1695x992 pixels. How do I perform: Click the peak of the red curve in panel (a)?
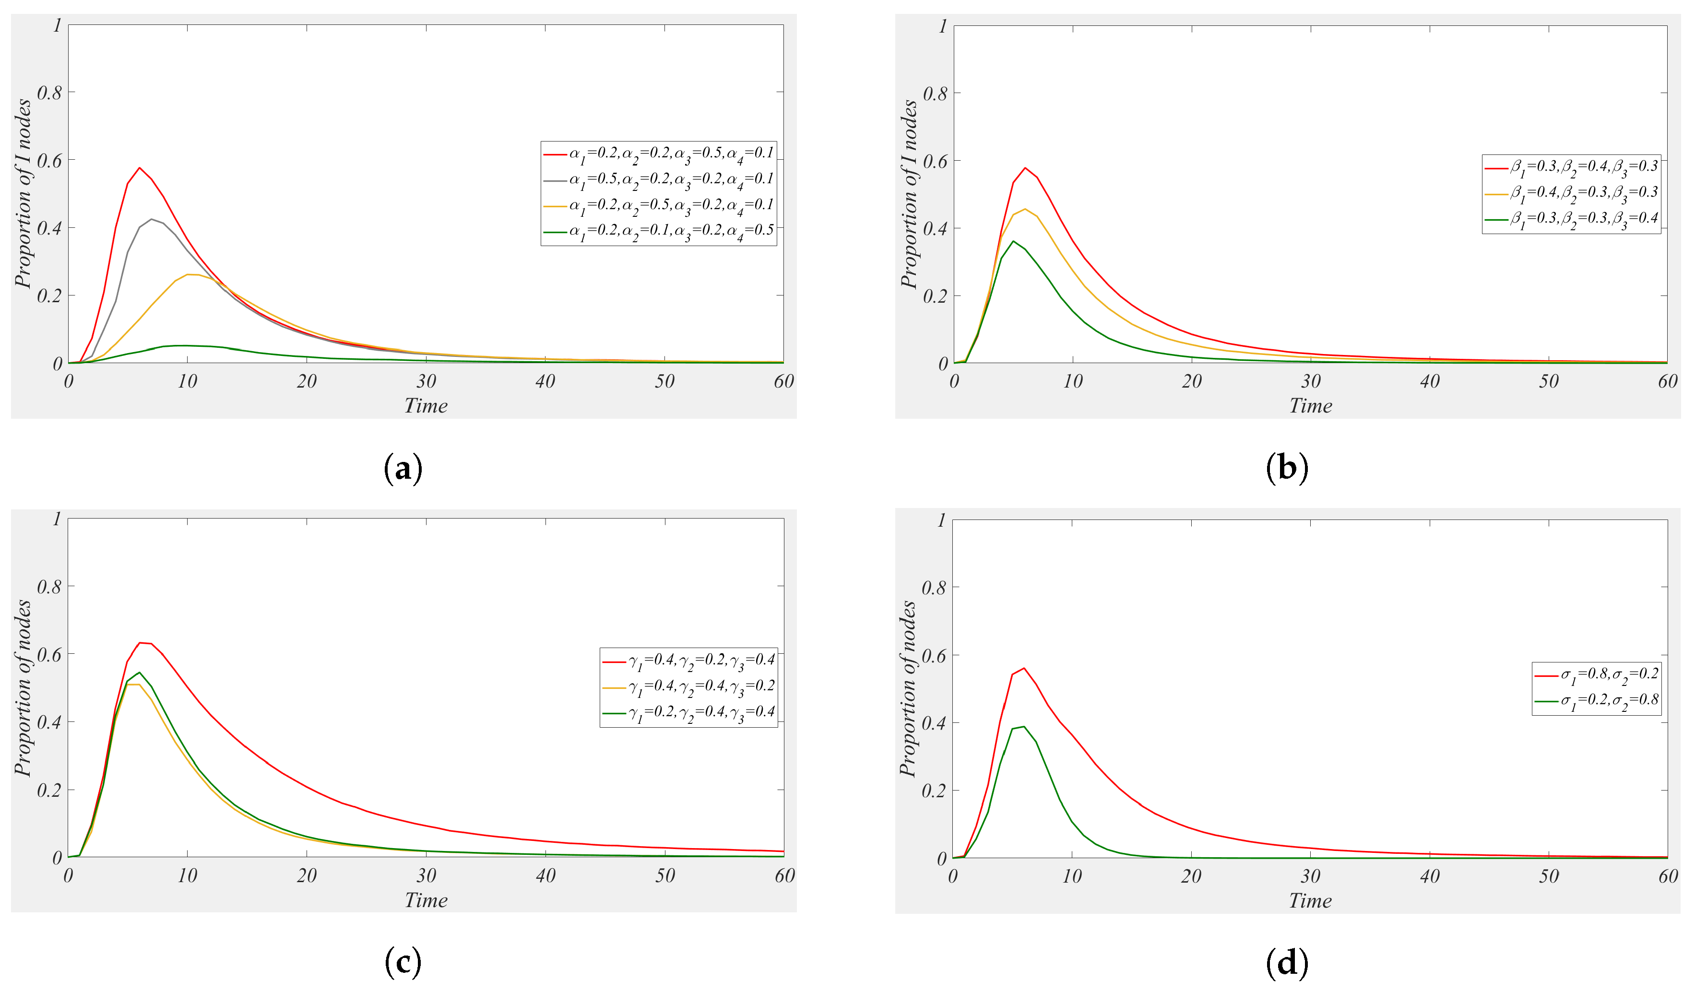click(x=139, y=167)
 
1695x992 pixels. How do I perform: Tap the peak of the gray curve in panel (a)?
click(x=152, y=219)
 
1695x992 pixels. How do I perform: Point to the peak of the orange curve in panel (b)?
click(x=1024, y=209)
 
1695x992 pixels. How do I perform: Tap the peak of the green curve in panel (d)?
click(x=1024, y=726)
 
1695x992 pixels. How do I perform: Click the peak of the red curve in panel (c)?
click(x=140, y=642)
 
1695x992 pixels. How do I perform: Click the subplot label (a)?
click(x=403, y=468)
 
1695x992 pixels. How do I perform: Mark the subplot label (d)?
click(x=1287, y=963)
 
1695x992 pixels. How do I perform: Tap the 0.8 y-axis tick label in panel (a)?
click(x=49, y=93)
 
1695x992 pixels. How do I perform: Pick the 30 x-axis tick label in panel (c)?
click(x=426, y=875)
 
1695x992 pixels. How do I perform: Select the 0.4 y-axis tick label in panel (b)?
click(x=935, y=229)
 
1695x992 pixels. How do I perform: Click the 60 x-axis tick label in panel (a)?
click(x=783, y=381)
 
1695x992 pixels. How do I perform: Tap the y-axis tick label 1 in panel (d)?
click(x=942, y=520)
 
